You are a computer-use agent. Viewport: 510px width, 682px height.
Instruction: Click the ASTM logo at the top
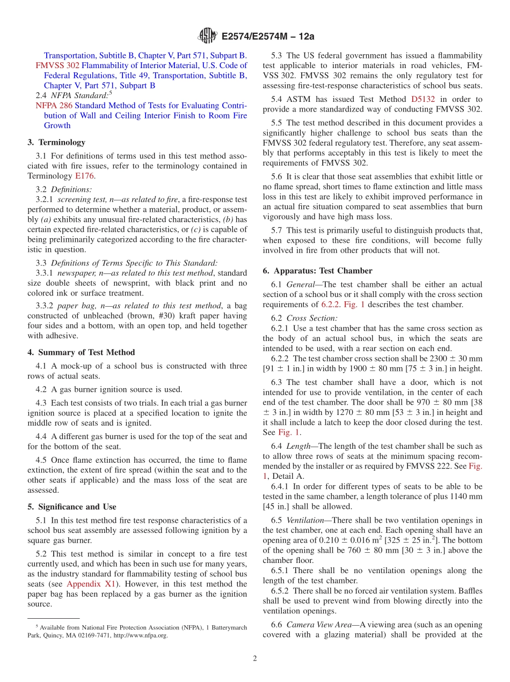tap(207, 36)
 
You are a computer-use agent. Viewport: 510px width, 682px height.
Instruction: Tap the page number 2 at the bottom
tap(255, 658)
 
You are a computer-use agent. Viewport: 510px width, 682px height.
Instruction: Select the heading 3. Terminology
tap(56, 142)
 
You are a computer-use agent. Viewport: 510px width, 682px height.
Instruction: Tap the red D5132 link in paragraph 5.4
tap(422, 99)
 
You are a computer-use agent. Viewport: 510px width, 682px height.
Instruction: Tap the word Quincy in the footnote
tap(53, 635)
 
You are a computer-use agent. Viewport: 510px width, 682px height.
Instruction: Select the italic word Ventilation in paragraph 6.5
tap(305, 520)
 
